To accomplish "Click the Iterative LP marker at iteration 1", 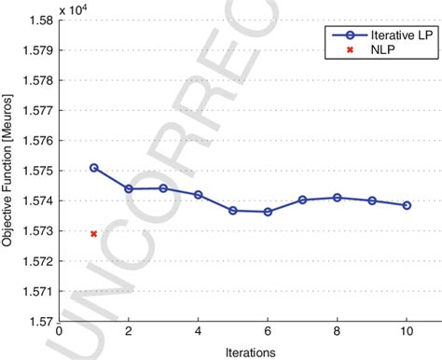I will click(x=94, y=168).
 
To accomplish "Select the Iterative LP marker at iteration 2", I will click(x=129, y=188).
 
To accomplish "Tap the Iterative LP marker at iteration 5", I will click(x=233, y=210).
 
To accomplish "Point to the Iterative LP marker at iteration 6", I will click(x=268, y=212).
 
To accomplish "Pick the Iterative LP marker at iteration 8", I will click(x=338, y=197).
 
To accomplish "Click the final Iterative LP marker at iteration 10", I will click(x=407, y=205).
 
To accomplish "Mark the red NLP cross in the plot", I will click(x=94, y=233).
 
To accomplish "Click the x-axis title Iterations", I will click(x=250, y=353).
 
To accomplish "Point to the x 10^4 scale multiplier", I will click(x=74, y=9).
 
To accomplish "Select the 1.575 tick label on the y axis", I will click(x=34, y=172).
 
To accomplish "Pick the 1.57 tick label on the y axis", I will click(x=36, y=322).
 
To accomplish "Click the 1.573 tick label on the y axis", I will click(x=34, y=231).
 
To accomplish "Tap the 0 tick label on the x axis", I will click(x=60, y=332).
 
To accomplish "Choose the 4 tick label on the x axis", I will click(x=199, y=332).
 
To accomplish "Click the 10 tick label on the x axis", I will click(x=407, y=332).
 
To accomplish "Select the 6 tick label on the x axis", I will click(x=268, y=332).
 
